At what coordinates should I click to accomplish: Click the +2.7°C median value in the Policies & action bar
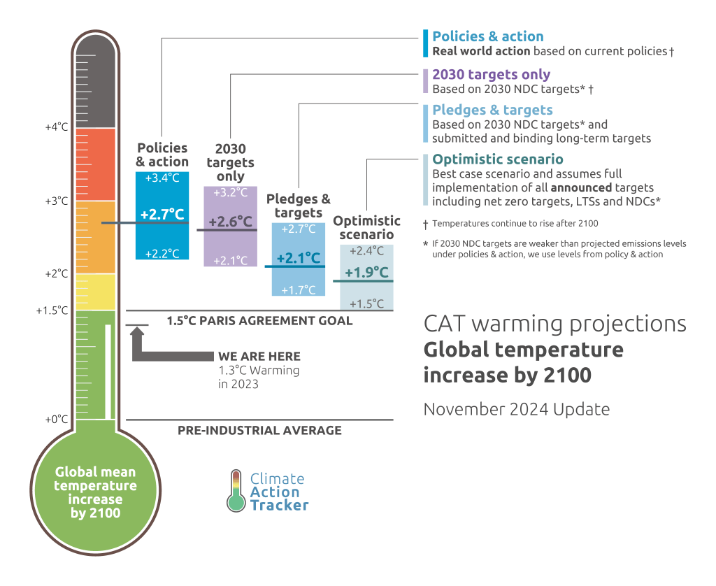pos(162,214)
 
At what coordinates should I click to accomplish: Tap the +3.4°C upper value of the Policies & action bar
pos(162,178)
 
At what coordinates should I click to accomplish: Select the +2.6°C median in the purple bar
pos(230,222)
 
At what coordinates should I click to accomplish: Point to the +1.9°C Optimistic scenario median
pos(366,272)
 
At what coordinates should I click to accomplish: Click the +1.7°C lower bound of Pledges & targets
pos(299,290)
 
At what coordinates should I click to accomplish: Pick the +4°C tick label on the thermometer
pos(57,127)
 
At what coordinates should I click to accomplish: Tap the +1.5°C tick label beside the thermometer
pos(52,310)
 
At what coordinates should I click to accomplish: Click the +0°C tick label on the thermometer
pos(57,420)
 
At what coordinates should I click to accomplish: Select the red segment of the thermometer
pos(96,164)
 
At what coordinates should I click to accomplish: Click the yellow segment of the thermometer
pos(96,292)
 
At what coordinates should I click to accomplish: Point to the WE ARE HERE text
pos(259,357)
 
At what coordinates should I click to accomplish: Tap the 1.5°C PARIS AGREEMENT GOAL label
pos(259,321)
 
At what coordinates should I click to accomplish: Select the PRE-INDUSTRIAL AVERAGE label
pos(259,430)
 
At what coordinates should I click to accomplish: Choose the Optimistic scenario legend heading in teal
pos(497,159)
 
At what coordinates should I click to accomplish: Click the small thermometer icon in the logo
pos(237,490)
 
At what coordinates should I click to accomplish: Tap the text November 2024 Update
pos(516,409)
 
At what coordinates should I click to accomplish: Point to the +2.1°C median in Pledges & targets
pos(299,259)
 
